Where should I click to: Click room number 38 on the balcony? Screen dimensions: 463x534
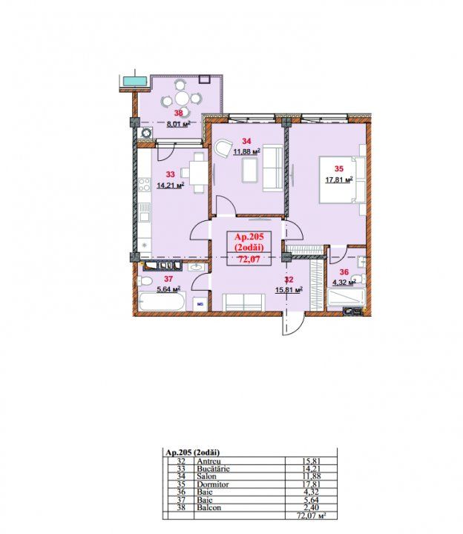[x=179, y=113]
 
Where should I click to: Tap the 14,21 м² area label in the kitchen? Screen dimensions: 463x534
[x=171, y=185]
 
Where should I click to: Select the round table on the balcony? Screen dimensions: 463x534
[x=182, y=99]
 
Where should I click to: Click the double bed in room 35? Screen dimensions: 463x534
[x=342, y=179]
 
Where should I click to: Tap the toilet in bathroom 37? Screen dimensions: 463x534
[x=145, y=281]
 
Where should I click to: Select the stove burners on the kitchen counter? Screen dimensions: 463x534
[x=145, y=184]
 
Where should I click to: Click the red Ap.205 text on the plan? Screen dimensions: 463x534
[x=249, y=237]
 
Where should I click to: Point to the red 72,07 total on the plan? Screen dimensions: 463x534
[x=249, y=260]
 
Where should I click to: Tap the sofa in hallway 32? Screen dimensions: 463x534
[x=243, y=303]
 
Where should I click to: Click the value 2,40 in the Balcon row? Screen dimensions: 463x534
[x=311, y=508]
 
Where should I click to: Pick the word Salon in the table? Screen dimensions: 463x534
[x=206, y=476]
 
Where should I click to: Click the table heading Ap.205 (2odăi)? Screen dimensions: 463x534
[x=192, y=452]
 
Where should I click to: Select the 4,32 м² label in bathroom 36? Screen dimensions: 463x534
[x=344, y=283]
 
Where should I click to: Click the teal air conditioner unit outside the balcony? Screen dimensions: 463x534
[x=135, y=81]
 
